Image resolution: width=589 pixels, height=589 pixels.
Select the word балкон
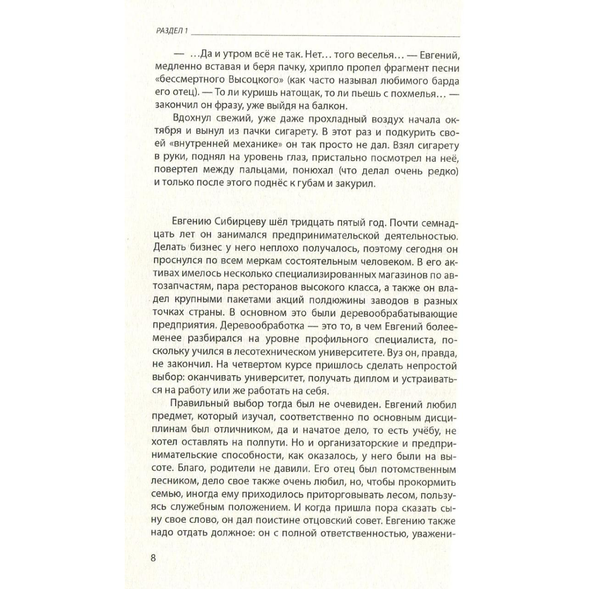coord(342,105)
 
